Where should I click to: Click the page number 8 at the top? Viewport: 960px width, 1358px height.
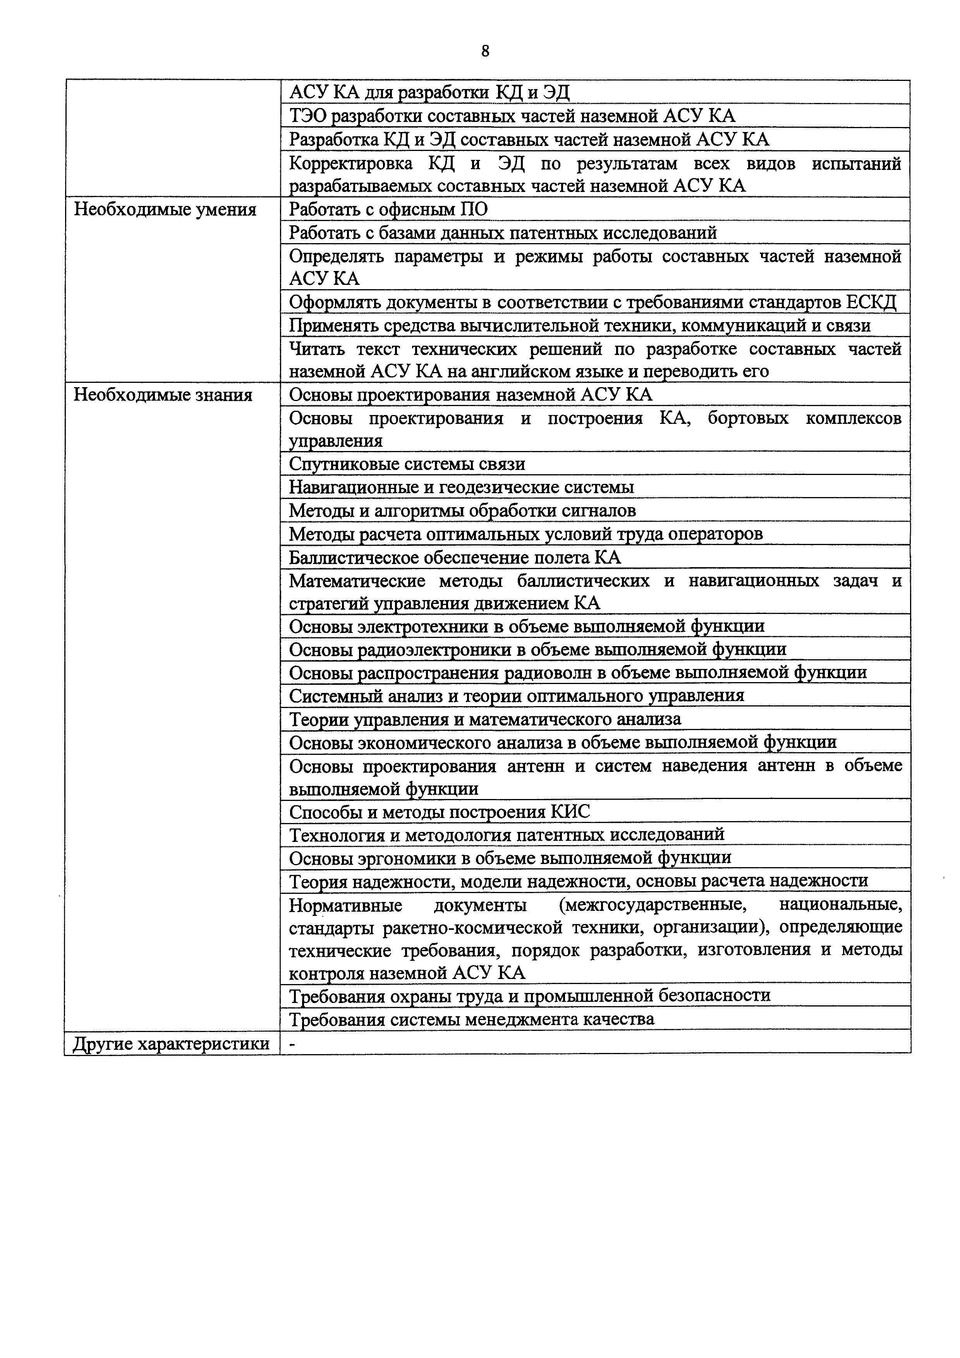[485, 51]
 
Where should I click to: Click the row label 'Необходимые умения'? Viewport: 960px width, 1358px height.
[165, 210]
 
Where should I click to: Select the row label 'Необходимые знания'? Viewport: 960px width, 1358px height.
[163, 395]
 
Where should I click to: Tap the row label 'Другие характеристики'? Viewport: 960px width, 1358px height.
[171, 1044]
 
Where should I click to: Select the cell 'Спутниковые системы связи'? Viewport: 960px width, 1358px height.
[407, 464]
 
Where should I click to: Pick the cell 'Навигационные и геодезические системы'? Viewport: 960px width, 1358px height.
[461, 487]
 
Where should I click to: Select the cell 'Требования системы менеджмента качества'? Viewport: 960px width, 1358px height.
[471, 1020]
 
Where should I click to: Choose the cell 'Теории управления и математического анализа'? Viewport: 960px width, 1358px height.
[485, 719]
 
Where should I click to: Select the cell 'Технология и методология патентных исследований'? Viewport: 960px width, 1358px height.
[506, 835]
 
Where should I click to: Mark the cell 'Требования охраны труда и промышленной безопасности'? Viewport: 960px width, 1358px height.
[529, 996]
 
